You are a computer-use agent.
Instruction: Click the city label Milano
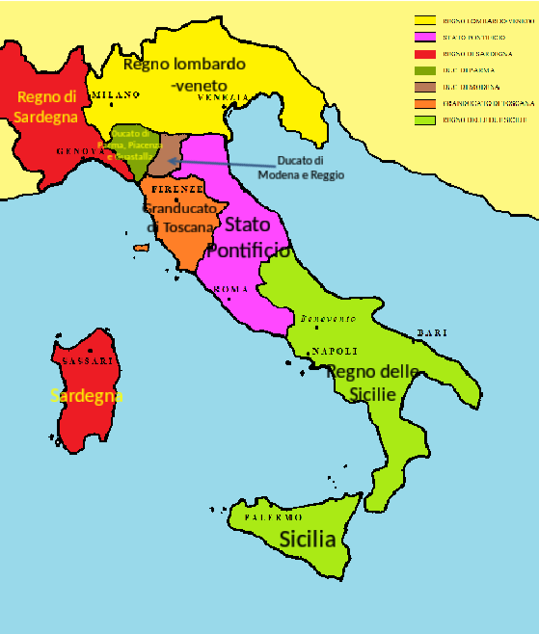point(117,94)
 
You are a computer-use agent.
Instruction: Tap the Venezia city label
point(223,98)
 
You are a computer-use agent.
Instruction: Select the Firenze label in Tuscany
point(176,189)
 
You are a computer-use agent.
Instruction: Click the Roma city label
point(231,289)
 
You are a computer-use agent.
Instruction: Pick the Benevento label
point(328,319)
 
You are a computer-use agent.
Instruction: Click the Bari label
point(432,333)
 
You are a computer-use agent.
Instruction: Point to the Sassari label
point(88,360)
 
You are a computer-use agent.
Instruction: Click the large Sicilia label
point(308,540)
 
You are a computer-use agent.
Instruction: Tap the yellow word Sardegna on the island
point(87,396)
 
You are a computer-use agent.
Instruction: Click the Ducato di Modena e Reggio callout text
point(301,168)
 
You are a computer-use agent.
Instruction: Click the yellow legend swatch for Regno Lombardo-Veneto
point(424,20)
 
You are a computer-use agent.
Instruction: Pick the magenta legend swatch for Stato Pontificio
point(424,37)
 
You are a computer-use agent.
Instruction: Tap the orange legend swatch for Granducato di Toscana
point(424,103)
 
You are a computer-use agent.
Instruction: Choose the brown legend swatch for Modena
point(424,87)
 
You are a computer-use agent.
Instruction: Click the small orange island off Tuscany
point(142,249)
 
